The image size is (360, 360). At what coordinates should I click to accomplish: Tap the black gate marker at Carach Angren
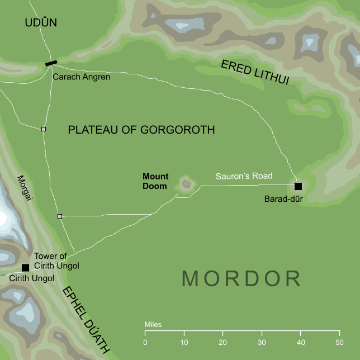tap(51, 63)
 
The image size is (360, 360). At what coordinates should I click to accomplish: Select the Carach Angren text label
tap(81, 77)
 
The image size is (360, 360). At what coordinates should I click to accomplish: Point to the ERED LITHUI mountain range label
tap(254, 72)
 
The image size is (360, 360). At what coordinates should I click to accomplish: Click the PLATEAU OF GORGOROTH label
tap(141, 130)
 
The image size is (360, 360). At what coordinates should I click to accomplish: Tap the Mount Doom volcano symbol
tap(186, 183)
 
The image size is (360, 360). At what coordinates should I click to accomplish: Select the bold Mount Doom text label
tap(155, 181)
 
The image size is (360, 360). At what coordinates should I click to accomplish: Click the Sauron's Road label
tap(244, 176)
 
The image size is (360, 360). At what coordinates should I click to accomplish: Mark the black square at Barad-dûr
tap(298, 186)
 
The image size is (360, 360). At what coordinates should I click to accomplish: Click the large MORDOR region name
tap(241, 278)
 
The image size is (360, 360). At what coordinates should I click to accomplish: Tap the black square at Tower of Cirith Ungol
tap(25, 268)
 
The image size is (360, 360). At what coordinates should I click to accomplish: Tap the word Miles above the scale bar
tap(153, 324)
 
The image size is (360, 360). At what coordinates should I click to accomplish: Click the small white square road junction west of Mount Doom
tap(59, 216)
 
